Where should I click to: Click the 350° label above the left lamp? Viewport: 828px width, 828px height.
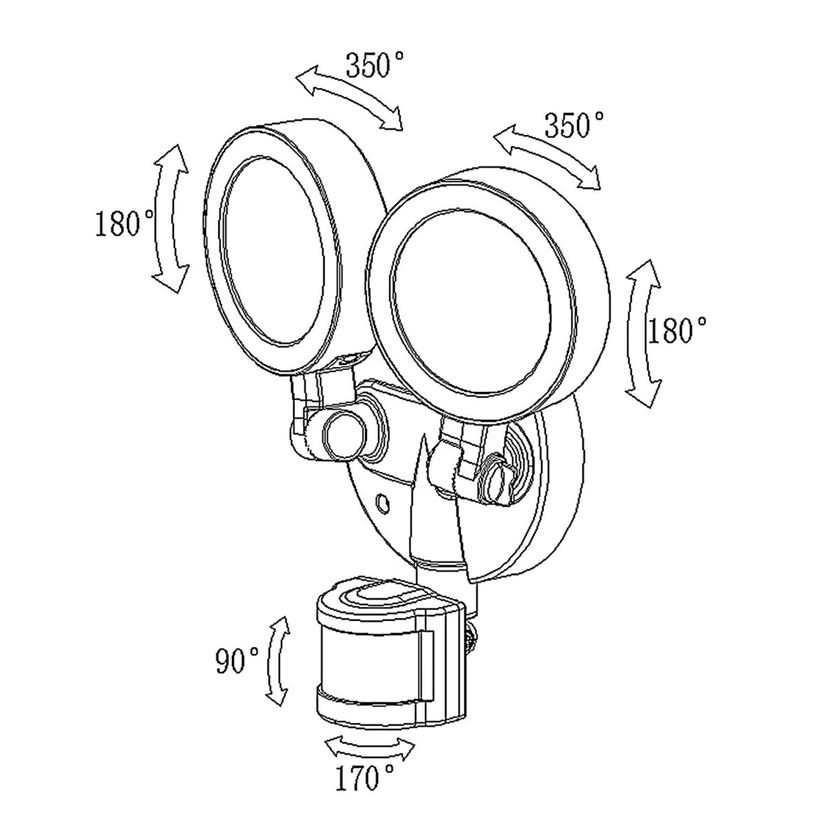pos(375,66)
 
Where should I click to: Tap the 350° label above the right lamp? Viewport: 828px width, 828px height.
pos(574,126)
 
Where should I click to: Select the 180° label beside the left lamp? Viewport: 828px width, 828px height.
pos(125,224)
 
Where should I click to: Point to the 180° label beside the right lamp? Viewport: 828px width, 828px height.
pos(678,331)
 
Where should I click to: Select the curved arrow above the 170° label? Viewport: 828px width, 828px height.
pos(370,747)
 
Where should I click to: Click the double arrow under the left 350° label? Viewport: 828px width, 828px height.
pos(349,97)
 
